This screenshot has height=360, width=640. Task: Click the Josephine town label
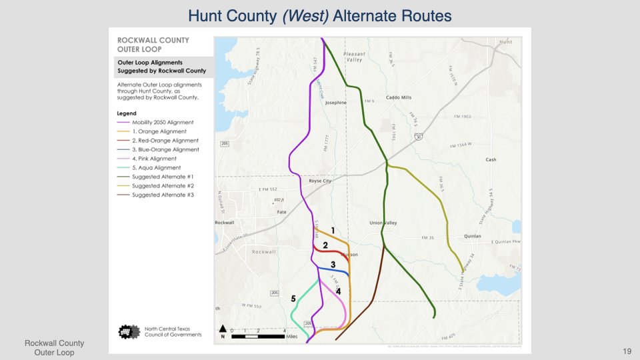point(336,103)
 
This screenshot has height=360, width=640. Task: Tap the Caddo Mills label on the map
point(399,97)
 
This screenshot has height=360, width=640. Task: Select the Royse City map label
point(321,181)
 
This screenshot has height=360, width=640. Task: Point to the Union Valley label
point(383,223)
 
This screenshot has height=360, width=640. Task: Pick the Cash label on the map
point(491,160)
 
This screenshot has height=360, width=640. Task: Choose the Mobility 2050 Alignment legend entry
point(163,123)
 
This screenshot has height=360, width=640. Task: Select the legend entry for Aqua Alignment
point(157,168)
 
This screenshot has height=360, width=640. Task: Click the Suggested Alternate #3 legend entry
point(163,195)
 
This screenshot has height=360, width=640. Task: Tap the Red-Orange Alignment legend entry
point(165,141)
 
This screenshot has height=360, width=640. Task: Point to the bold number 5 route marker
point(293,298)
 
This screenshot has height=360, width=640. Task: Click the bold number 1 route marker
point(332,230)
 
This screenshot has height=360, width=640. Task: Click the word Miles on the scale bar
point(291,337)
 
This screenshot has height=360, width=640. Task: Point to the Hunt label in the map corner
point(505,41)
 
